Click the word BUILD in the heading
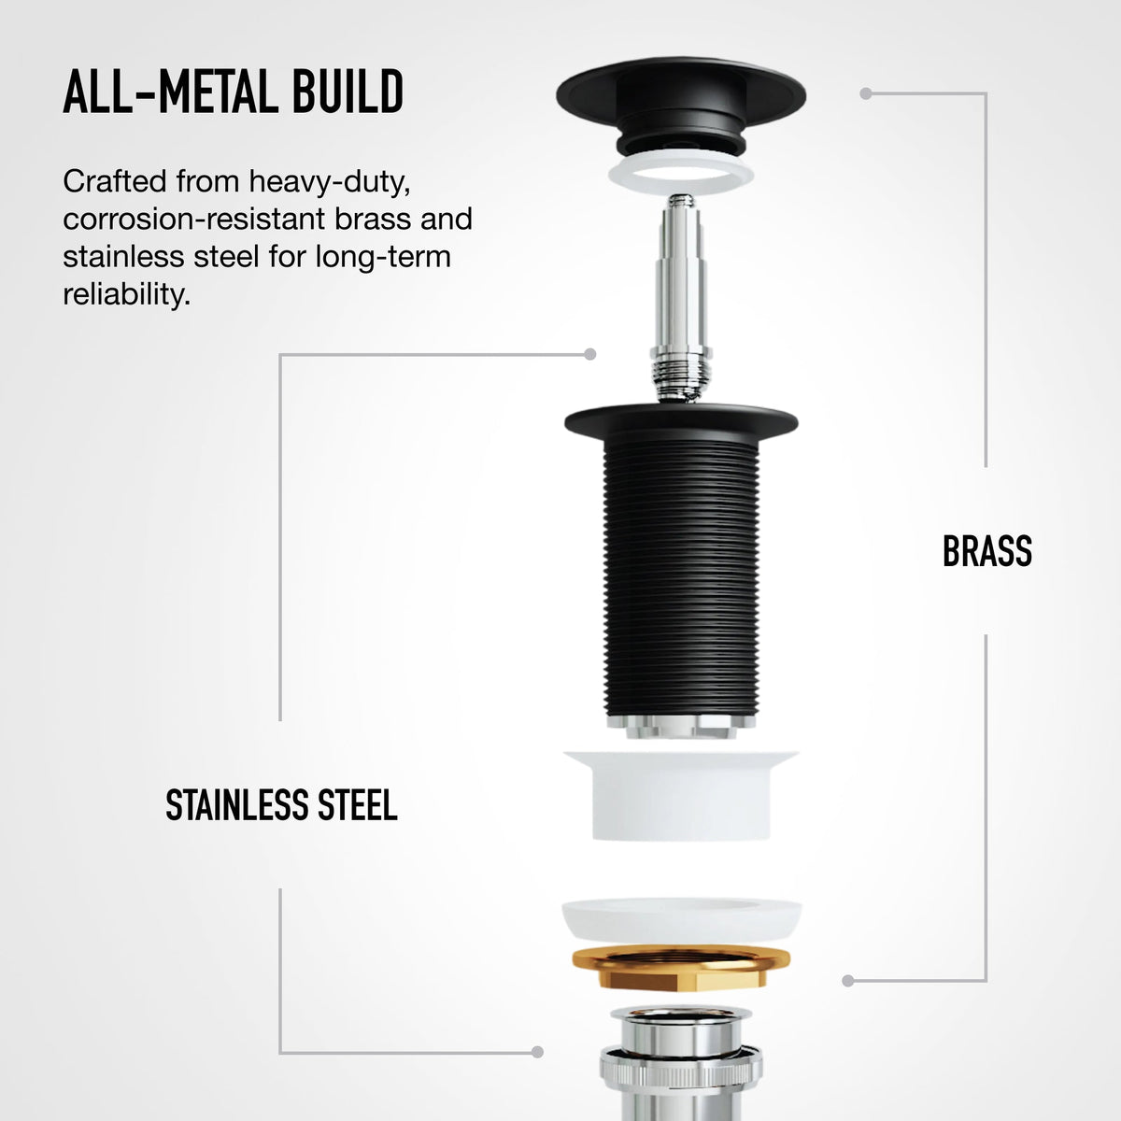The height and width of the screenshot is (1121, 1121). [x=348, y=92]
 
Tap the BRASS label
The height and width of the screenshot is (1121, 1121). [x=987, y=551]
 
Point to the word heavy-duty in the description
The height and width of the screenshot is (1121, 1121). [x=330, y=183]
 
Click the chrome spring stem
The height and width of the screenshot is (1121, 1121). [x=681, y=298]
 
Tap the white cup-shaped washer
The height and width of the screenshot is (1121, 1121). [x=681, y=794]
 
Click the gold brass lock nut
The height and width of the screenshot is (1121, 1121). [x=681, y=968]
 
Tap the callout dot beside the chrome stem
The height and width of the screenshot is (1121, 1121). [x=589, y=354]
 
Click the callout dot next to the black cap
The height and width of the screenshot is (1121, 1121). [x=866, y=93]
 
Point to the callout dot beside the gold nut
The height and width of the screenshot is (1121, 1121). [x=848, y=981]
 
